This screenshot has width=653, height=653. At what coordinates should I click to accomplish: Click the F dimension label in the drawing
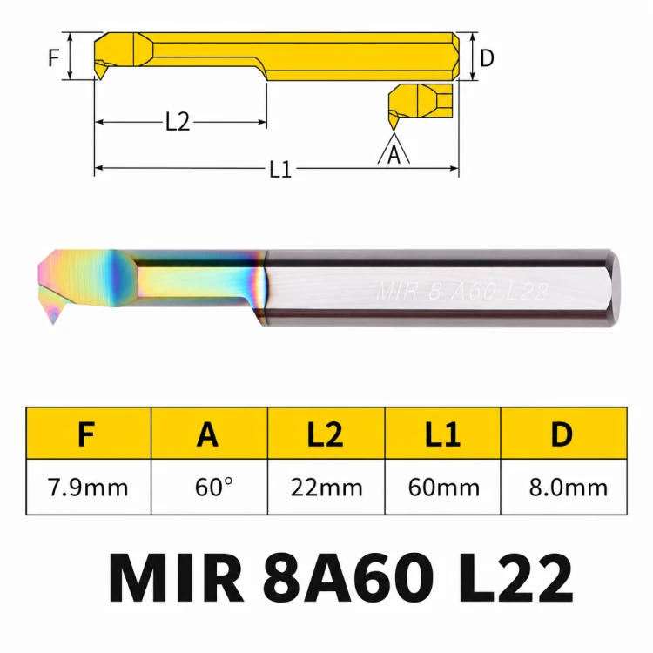(x=53, y=57)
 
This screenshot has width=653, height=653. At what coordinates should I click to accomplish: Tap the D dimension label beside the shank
(x=487, y=57)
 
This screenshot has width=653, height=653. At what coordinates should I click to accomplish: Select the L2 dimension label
(x=178, y=122)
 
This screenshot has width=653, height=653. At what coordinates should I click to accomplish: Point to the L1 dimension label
(x=280, y=170)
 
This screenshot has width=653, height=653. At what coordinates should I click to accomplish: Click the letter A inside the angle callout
(x=394, y=155)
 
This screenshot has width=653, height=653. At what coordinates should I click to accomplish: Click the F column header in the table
(x=86, y=434)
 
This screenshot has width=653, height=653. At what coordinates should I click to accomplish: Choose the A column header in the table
(x=207, y=434)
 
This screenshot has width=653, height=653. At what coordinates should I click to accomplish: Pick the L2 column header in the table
(x=326, y=434)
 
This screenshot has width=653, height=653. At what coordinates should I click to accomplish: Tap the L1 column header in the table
(x=442, y=434)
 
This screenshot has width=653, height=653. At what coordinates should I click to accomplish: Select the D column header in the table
(x=562, y=434)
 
